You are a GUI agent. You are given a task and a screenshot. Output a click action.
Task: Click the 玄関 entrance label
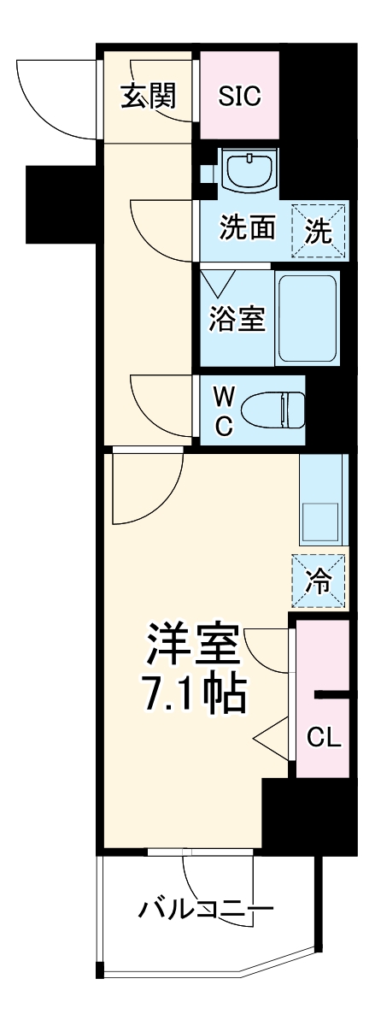(x=148, y=97)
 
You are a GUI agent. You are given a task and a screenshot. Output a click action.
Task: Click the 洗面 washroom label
(x=248, y=229)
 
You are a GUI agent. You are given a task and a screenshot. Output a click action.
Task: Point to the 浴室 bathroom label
(x=237, y=317)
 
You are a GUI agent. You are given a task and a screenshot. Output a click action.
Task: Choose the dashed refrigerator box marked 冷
(x=318, y=582)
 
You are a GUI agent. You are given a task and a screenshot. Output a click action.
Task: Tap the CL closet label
(x=324, y=738)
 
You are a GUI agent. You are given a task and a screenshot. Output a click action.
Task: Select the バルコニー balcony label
(x=207, y=906)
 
